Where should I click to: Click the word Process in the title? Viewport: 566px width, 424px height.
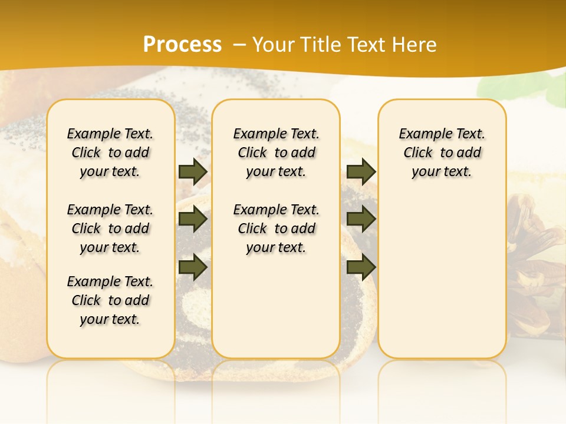click(x=182, y=44)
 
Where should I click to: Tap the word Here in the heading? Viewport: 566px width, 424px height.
click(x=415, y=44)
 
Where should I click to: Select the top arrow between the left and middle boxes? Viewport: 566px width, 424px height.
click(x=193, y=171)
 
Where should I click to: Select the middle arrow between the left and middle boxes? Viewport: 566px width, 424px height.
click(x=193, y=220)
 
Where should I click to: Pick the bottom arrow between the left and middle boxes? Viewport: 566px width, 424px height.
click(x=193, y=267)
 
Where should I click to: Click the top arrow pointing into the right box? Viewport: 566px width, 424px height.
click(x=361, y=171)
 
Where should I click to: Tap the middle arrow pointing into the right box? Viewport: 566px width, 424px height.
click(x=361, y=220)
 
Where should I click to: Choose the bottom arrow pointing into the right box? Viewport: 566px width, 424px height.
click(x=361, y=267)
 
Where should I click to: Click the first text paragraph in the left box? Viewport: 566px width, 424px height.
click(x=110, y=153)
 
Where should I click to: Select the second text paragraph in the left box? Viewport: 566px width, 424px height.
click(x=110, y=228)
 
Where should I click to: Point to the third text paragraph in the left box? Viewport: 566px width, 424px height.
click(x=110, y=300)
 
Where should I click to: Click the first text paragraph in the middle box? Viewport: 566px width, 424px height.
click(x=277, y=153)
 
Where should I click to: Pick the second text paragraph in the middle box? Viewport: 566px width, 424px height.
click(x=277, y=228)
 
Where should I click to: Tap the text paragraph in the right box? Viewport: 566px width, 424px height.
click(x=442, y=153)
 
